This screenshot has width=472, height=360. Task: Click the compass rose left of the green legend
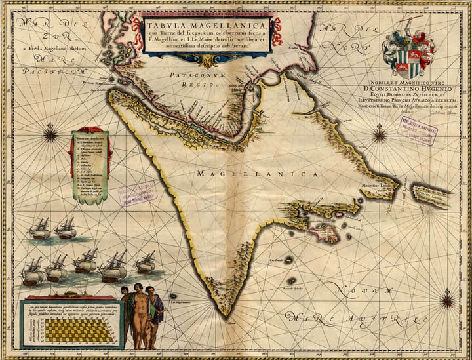50,136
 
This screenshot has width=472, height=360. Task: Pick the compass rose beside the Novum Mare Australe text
448,301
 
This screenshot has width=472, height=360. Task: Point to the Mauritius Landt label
374,185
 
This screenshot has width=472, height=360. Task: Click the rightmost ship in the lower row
146,263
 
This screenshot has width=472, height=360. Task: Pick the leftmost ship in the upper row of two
39,228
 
